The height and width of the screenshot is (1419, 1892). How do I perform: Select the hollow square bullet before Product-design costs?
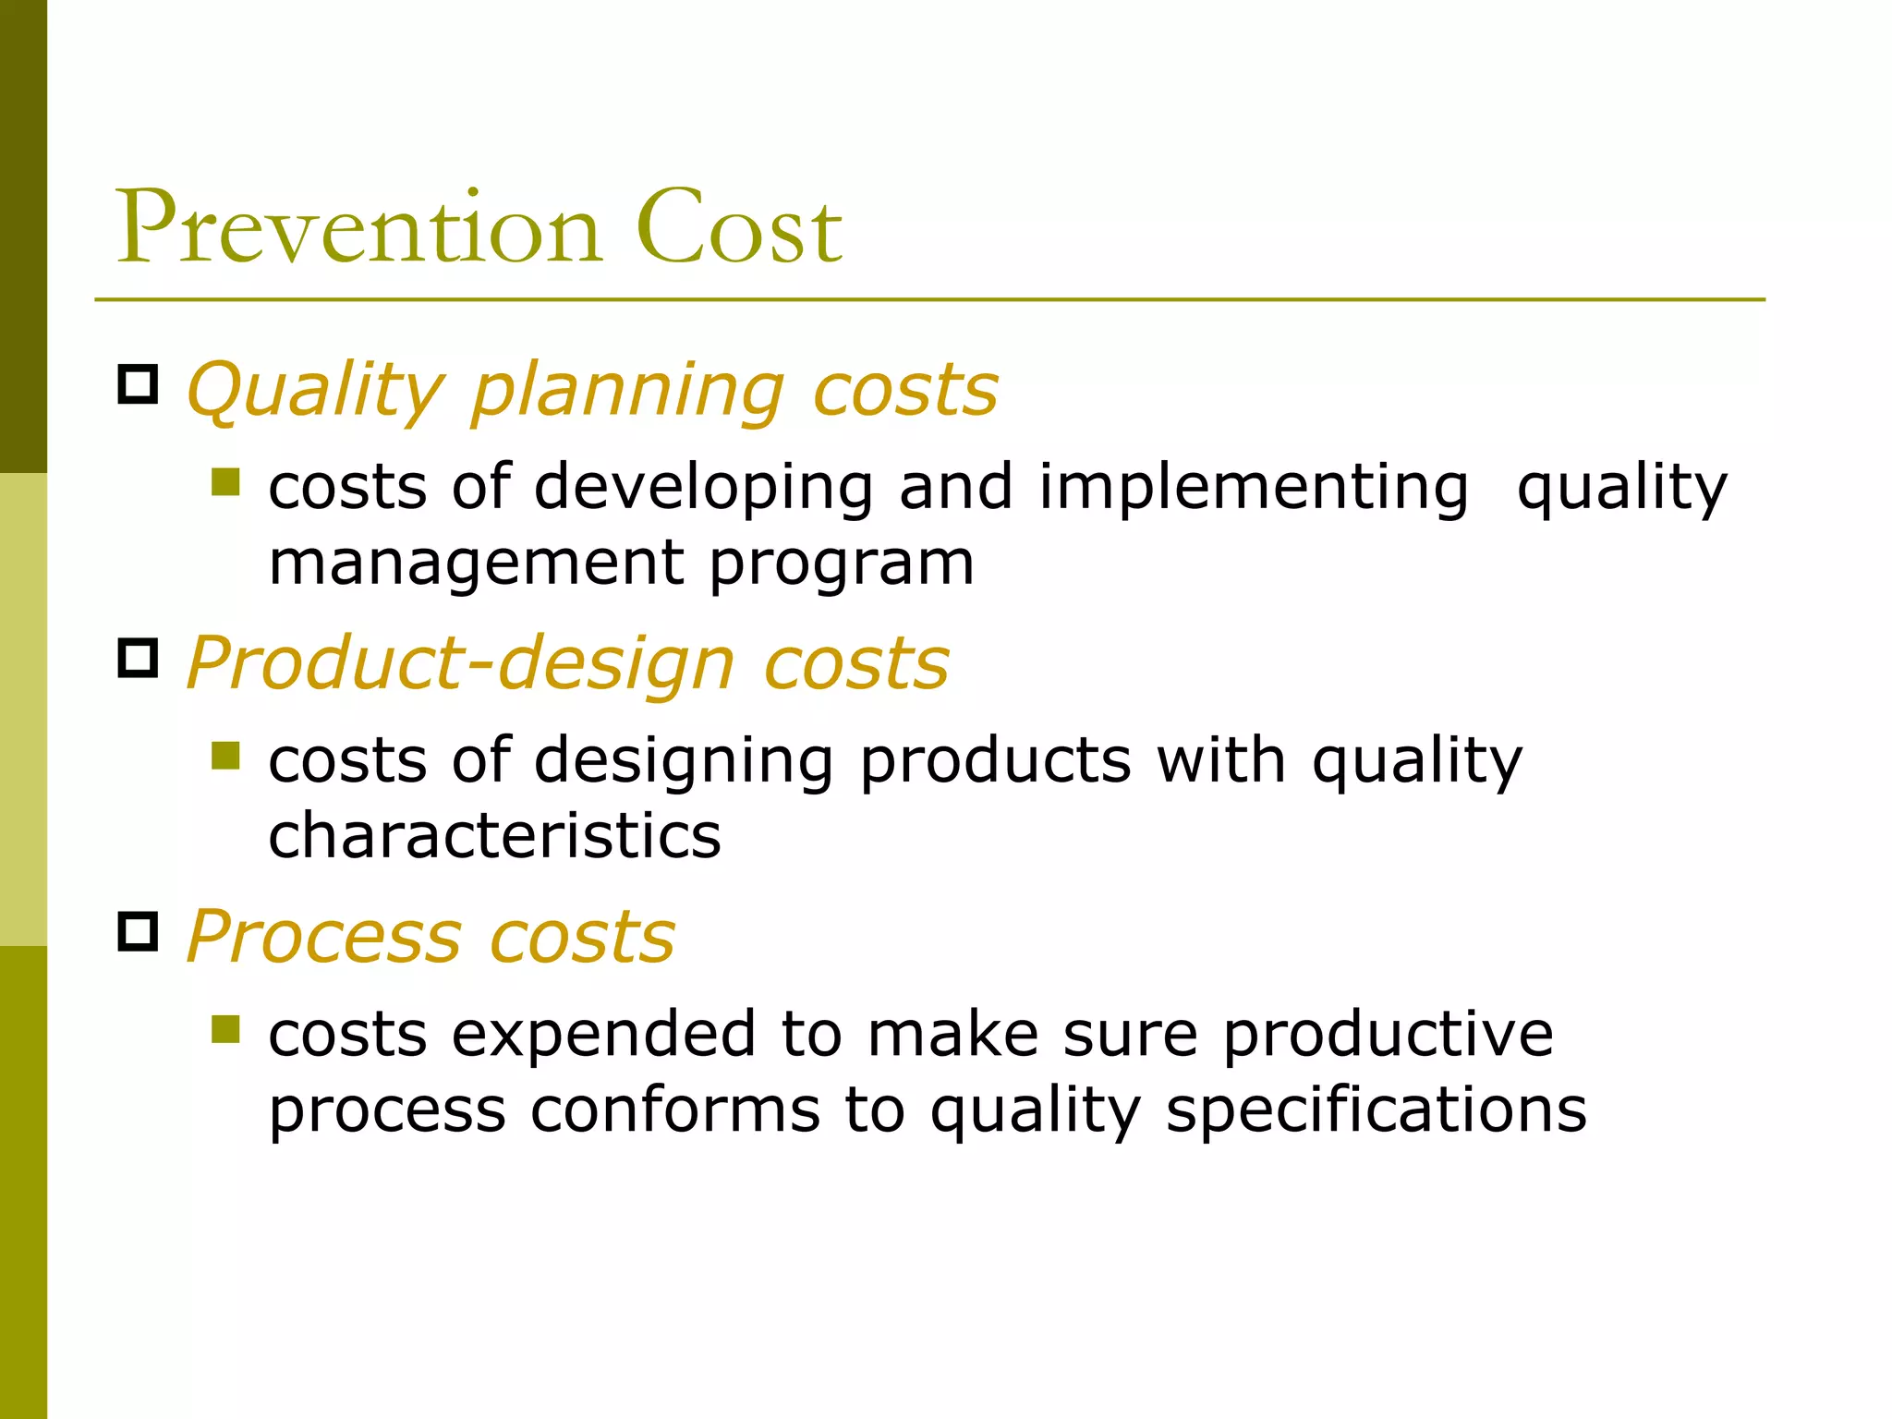(139, 658)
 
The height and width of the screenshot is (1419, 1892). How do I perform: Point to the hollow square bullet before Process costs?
(139, 931)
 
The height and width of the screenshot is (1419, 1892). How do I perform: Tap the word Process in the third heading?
(323, 937)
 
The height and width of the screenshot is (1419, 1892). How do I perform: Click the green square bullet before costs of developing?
(225, 481)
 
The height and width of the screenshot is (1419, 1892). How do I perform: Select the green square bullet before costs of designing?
(225, 756)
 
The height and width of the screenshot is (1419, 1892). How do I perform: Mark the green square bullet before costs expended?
(225, 1029)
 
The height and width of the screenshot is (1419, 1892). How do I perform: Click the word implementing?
(1253, 488)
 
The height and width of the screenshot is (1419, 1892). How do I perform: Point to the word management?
(476, 564)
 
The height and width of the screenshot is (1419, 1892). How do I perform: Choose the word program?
(842, 564)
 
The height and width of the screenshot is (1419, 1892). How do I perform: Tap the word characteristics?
(494, 835)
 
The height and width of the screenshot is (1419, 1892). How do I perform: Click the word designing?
(684, 762)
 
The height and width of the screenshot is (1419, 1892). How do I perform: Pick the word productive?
(1388, 1034)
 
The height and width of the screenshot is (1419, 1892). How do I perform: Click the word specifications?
(1376, 1110)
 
